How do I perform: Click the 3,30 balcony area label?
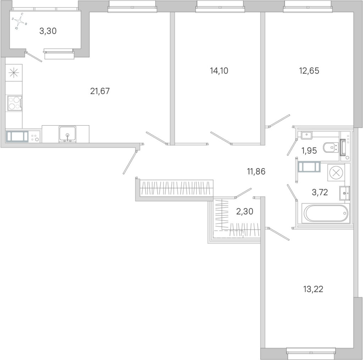48,31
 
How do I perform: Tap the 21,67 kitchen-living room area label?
100,91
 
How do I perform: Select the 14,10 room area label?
219,71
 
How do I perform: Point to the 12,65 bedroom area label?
309,71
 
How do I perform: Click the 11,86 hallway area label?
256,171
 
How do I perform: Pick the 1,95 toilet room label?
309,151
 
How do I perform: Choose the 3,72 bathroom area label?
320,192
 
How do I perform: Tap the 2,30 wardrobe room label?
245,211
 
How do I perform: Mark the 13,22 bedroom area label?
313,289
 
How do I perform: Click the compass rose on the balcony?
20,21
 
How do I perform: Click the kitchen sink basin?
67,134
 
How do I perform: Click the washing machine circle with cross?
336,172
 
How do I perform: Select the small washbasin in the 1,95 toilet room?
307,135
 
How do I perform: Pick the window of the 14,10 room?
220,6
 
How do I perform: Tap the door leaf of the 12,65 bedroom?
279,121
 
